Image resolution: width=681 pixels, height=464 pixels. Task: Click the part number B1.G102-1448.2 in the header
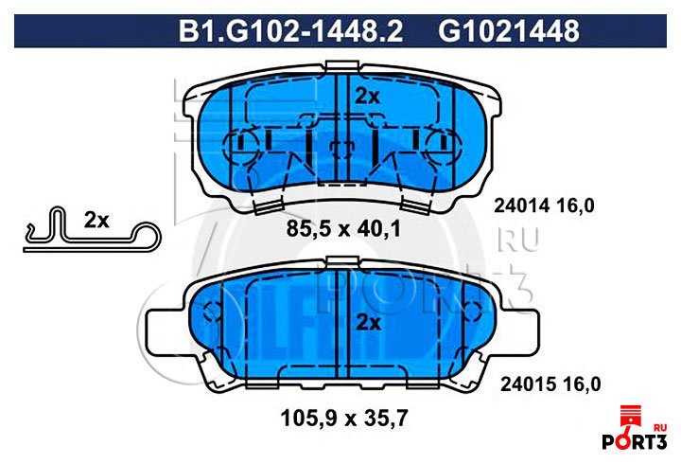tap(290, 31)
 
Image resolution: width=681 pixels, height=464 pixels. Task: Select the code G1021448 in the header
tap(509, 31)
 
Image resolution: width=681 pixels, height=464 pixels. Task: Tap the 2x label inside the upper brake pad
tap(367, 97)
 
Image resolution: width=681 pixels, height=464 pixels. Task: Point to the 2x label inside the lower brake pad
tap(368, 323)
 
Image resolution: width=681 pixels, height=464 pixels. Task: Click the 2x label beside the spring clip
tap(96, 221)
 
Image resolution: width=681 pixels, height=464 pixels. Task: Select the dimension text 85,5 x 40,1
tap(343, 228)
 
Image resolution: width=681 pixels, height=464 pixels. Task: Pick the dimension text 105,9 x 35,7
tap(344, 419)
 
